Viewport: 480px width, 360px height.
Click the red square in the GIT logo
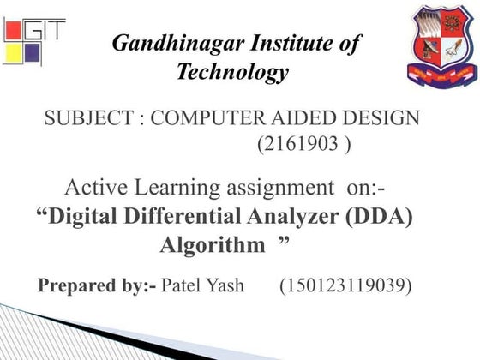[x=15, y=30]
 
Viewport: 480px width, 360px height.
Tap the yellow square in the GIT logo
[x=13, y=54]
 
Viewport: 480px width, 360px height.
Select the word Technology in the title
[x=232, y=73]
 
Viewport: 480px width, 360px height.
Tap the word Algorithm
[x=212, y=245]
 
